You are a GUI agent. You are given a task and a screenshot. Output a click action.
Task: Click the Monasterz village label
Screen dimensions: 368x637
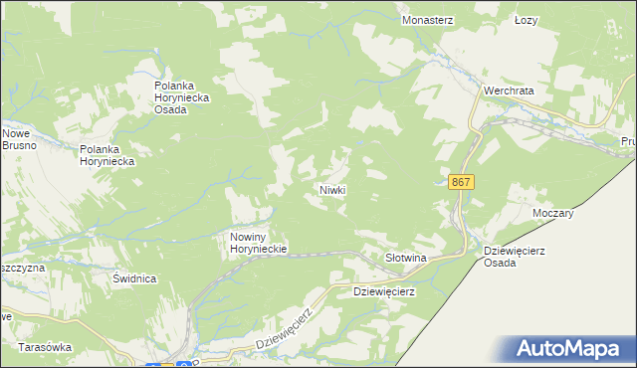click(x=427, y=19)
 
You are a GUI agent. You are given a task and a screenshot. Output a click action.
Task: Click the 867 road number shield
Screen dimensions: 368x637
click(x=461, y=182)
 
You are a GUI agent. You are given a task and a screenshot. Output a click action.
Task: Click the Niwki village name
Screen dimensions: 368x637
click(x=331, y=189)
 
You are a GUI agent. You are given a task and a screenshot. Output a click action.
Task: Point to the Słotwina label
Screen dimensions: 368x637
click(x=405, y=259)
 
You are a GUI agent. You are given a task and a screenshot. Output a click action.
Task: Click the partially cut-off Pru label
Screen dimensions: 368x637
click(x=628, y=142)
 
